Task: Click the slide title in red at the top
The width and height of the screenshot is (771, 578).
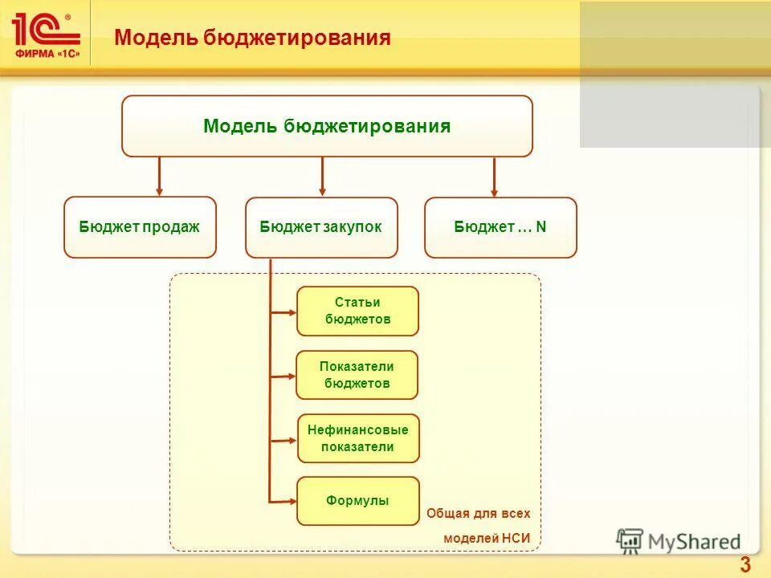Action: (x=252, y=38)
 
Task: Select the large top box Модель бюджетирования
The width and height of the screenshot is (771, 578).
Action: (x=327, y=126)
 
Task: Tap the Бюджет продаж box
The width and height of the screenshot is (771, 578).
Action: (x=140, y=227)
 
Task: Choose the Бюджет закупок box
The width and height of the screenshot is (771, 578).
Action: (x=321, y=227)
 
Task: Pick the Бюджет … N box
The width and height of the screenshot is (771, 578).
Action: (x=500, y=227)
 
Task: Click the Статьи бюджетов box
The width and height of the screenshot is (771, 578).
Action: (x=358, y=311)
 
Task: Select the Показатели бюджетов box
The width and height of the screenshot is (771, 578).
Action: (x=357, y=375)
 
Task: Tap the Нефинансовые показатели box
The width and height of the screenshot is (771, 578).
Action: (x=358, y=438)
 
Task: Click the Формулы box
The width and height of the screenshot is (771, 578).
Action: (x=358, y=501)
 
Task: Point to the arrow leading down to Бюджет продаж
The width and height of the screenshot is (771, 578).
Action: (x=160, y=176)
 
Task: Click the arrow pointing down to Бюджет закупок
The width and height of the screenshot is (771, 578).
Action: (x=322, y=176)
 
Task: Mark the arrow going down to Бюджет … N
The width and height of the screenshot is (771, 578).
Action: (x=494, y=177)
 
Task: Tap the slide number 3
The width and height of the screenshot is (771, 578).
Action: (x=745, y=564)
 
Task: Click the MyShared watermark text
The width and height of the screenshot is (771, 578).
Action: (x=694, y=542)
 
